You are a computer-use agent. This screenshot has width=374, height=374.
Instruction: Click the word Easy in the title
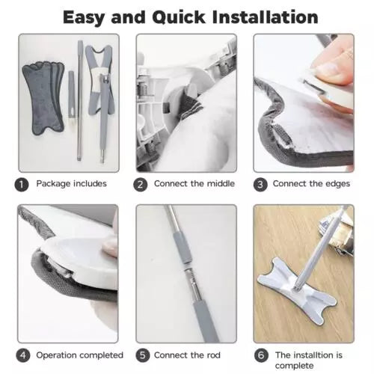(x=83, y=17)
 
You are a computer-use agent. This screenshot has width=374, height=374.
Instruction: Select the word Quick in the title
(x=179, y=17)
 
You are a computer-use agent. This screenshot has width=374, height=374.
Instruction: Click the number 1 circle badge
(x=22, y=185)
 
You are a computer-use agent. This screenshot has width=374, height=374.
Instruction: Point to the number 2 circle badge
(x=141, y=185)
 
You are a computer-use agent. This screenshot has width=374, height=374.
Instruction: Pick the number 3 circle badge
(x=260, y=185)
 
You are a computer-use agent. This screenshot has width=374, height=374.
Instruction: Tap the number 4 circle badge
(x=23, y=355)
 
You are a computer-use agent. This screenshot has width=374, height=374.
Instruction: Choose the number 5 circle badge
(x=143, y=355)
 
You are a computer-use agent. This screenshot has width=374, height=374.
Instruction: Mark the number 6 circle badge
(x=261, y=355)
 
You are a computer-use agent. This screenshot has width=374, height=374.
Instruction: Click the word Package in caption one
(x=53, y=184)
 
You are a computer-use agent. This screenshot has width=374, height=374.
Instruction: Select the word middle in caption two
(x=221, y=183)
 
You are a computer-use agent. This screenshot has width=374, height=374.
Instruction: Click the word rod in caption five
(x=213, y=355)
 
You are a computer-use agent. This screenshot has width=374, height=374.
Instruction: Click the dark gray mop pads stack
(x=43, y=98)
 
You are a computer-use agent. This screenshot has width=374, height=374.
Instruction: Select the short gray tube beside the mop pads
(x=72, y=94)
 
